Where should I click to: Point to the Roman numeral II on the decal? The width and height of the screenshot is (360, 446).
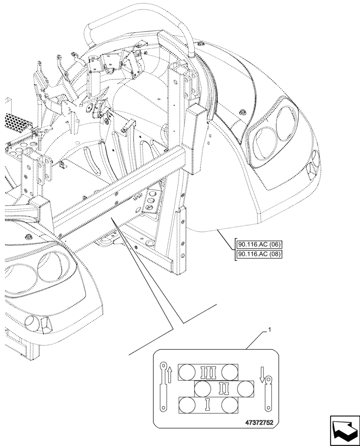click(x=224, y=389)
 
